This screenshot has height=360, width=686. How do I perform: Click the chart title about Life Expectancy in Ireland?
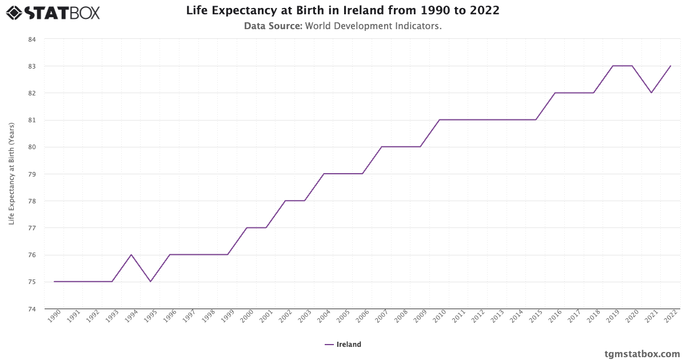342,11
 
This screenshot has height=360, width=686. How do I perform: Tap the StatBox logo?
53,12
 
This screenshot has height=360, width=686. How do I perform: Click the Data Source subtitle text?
342,26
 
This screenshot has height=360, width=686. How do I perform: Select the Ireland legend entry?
343,345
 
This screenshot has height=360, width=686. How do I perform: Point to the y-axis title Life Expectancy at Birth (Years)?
11,174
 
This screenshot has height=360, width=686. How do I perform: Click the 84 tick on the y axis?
31,39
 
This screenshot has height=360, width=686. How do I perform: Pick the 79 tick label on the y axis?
31,174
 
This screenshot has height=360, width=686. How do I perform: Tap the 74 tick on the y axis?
31,309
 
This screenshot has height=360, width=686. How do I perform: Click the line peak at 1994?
131,255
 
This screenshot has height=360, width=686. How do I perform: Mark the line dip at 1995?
150,282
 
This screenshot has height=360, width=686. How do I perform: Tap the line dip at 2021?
651,93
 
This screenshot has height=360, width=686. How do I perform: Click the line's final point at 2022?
671,66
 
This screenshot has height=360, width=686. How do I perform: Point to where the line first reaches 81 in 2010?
440,120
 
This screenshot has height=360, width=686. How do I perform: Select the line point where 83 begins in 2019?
613,66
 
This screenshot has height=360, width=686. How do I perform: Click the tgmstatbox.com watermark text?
642,354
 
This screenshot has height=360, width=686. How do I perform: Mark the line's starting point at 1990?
54,282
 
